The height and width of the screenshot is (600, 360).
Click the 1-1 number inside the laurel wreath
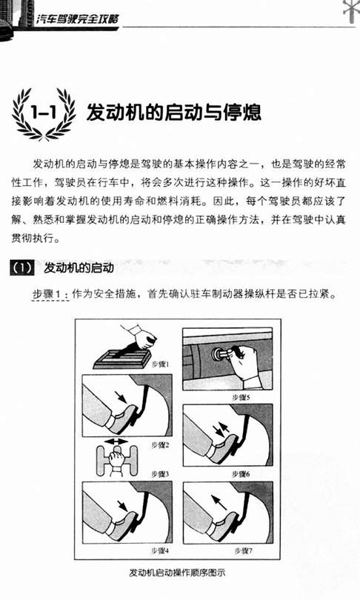[x=44, y=113]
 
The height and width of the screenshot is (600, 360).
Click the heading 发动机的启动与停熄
[x=173, y=112]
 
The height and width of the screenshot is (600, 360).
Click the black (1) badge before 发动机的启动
[x=22, y=267]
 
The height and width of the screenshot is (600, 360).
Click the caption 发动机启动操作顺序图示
[x=178, y=573]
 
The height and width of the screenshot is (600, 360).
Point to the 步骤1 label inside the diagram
[x=161, y=364]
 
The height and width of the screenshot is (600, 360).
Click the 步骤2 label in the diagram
[x=160, y=444]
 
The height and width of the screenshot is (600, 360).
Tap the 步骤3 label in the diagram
[x=160, y=474]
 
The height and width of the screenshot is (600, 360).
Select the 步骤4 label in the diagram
[x=160, y=550]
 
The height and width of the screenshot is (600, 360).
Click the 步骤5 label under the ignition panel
[x=241, y=398]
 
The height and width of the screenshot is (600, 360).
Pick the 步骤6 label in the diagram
[x=241, y=474]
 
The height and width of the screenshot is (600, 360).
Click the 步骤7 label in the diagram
[x=243, y=550]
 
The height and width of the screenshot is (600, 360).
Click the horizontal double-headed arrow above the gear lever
[x=116, y=441]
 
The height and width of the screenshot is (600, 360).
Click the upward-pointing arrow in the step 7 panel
[x=219, y=502]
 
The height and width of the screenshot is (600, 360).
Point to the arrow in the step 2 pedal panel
[x=121, y=397]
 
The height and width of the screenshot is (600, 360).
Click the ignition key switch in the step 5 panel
[x=218, y=354]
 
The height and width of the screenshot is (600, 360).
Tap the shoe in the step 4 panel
[x=121, y=524]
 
